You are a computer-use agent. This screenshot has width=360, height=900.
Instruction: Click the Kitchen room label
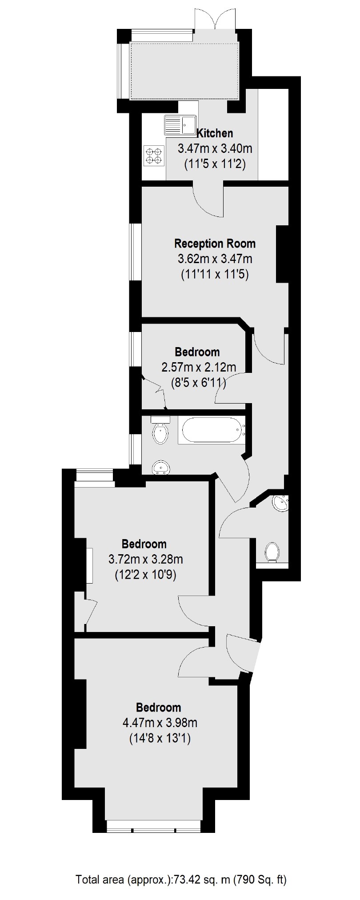pos(215,133)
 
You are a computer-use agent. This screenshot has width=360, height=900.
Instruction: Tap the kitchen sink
pos(180,124)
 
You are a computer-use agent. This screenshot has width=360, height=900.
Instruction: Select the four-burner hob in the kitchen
pos(153,156)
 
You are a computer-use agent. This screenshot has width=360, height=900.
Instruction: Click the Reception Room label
pos(215,244)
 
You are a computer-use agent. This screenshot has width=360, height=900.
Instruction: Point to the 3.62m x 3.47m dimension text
pos(215,259)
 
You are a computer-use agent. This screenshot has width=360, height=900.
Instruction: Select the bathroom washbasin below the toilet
pos(160,468)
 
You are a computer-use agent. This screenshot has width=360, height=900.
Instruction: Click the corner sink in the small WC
pos(281,503)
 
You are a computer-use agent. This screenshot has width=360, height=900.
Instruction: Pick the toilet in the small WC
pos(272,552)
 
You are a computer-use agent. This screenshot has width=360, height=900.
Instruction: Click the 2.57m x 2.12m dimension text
pos(198,367)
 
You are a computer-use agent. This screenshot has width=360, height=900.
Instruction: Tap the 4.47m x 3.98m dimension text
pos(160,723)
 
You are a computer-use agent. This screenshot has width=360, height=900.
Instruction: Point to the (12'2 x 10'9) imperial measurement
pos(146,576)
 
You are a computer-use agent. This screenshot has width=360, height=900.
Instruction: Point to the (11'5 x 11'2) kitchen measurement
pos(215,164)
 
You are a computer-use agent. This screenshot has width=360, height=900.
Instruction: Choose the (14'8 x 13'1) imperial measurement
pos(160,738)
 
